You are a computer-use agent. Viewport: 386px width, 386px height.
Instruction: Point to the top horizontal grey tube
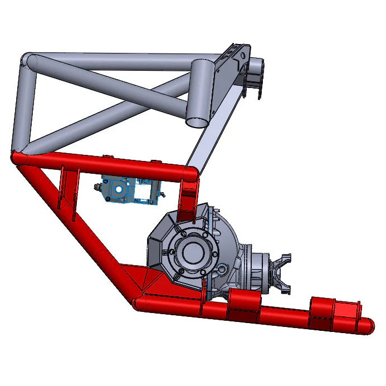111,60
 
